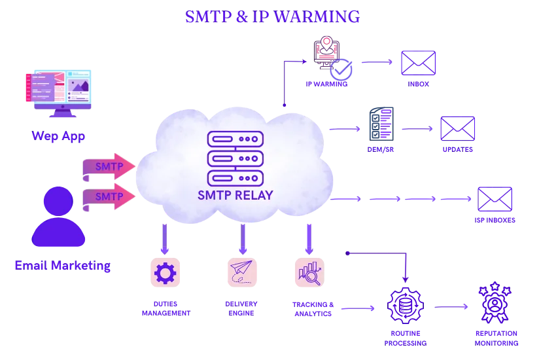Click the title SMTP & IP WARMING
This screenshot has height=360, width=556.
[x=272, y=16]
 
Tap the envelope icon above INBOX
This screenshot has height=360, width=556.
[x=418, y=63]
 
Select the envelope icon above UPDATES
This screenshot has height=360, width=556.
[x=457, y=128]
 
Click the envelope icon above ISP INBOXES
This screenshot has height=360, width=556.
[x=495, y=199]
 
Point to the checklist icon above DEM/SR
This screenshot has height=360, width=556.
[x=381, y=124]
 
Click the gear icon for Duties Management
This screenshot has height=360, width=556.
[x=165, y=272]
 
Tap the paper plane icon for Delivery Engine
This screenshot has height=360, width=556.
[x=242, y=272]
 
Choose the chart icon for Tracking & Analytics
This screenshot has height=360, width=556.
[x=309, y=272]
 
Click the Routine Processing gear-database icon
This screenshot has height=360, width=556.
[x=406, y=306]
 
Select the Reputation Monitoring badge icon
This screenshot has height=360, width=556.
[x=495, y=302]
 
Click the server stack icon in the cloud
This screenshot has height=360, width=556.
[x=235, y=158]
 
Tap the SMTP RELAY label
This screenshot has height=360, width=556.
[x=235, y=195]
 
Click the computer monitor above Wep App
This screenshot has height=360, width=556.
[x=58, y=94]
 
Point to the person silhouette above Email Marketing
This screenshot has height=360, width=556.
[x=58, y=217]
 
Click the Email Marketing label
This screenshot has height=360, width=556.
[x=62, y=265]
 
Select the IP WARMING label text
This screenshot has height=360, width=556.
[x=326, y=84]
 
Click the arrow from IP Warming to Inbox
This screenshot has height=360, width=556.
[x=377, y=62]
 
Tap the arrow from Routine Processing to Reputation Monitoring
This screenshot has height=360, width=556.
[x=451, y=307]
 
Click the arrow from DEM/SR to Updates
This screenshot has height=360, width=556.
[x=417, y=129]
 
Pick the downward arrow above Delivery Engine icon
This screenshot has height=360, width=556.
[x=243, y=240]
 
